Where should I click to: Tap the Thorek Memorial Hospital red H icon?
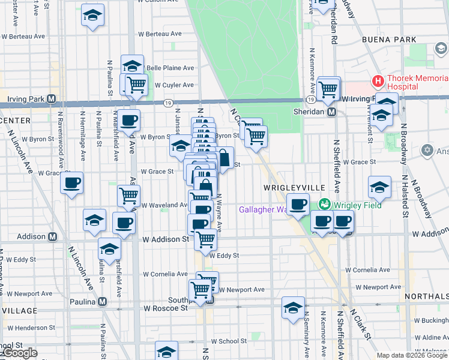point(378,80)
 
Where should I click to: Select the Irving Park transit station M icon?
point(52,99)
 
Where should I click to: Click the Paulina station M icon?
point(103,301)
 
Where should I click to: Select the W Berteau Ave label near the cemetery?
point(160,34)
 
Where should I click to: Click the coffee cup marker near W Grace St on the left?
point(71,182)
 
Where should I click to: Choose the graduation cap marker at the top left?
point(92,15)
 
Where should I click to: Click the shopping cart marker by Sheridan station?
point(328,89)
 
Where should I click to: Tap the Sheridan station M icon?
point(331,112)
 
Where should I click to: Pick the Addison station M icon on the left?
point(52,236)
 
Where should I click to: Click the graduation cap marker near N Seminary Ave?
point(293,308)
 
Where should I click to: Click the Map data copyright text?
point(412,355)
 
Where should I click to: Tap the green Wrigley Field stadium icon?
point(325,205)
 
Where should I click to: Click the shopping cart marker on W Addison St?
point(205,239)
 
